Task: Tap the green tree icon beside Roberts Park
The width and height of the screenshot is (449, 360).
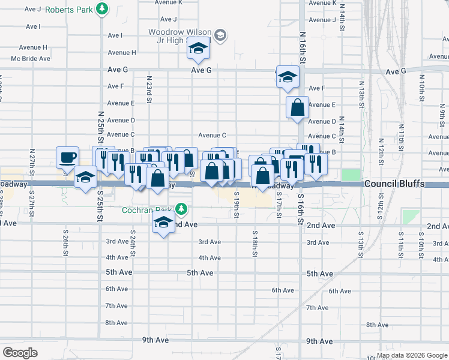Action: (x=103, y=8)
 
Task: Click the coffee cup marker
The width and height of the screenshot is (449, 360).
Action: (x=67, y=157)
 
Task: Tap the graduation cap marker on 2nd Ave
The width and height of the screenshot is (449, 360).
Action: (x=163, y=223)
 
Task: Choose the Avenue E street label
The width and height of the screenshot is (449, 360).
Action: (x=321, y=104)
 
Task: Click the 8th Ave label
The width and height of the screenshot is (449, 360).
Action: (x=116, y=323)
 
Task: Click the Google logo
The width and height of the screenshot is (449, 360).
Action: (x=20, y=353)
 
